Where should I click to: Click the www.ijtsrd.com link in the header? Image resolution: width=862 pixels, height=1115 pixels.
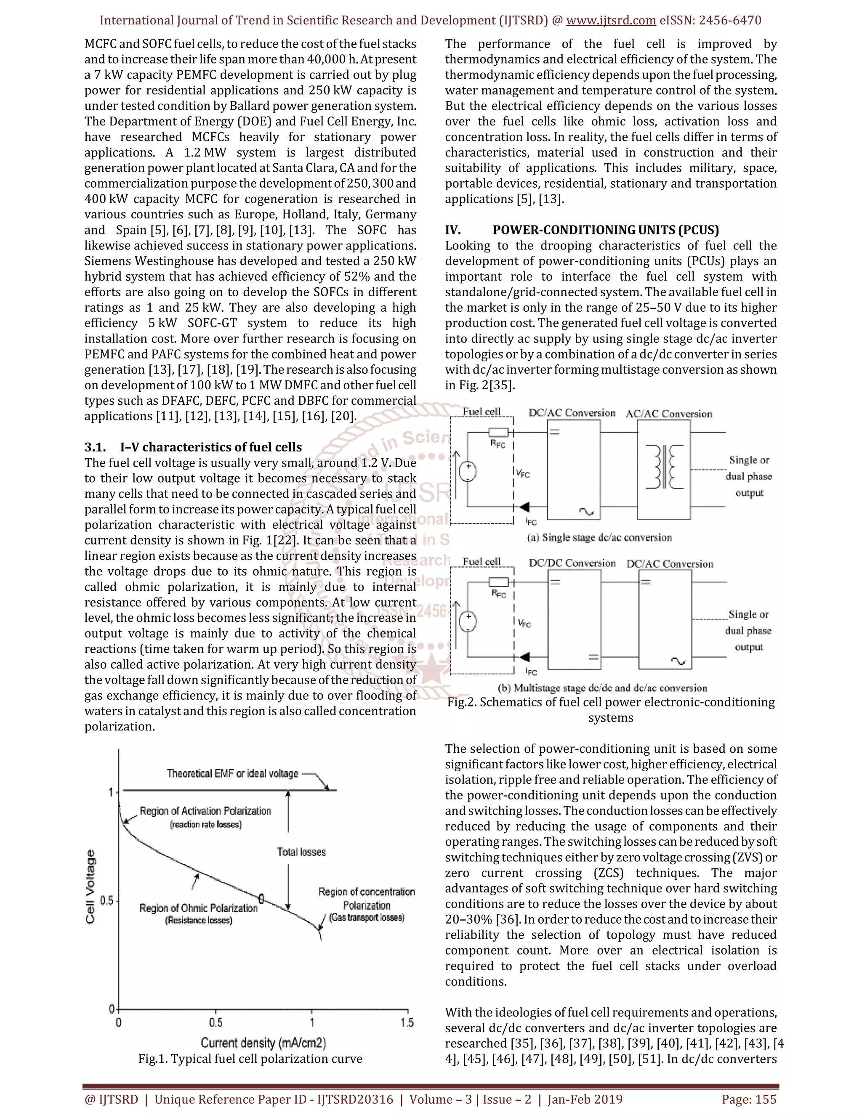pos(611,21)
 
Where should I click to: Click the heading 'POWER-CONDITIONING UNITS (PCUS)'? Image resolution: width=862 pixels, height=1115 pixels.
pos(606,230)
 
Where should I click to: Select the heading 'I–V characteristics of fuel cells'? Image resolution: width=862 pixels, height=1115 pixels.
pos(211,447)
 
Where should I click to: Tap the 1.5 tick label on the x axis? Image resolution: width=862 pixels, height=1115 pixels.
pos(407,1022)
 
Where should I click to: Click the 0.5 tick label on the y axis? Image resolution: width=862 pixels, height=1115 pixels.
pos(107,900)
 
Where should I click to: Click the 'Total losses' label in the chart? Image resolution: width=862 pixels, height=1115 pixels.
pos(301,852)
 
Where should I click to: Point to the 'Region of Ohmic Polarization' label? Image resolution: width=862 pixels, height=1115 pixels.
pos(198,908)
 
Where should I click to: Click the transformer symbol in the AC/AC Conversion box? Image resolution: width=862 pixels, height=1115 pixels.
pos(664,467)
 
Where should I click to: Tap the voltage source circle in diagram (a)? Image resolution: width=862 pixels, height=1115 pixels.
pos(468,471)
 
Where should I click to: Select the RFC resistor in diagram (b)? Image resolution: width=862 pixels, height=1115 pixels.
pos(498,582)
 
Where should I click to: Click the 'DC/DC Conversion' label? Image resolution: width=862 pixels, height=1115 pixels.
pos(572,563)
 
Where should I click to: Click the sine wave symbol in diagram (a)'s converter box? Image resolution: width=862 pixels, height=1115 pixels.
pos(586,512)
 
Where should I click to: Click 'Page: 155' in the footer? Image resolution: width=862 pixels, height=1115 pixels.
pos(749,1099)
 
